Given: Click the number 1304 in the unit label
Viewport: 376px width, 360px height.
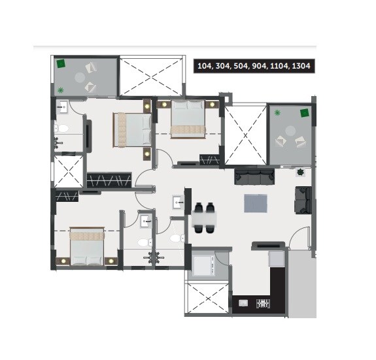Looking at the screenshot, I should [301, 67].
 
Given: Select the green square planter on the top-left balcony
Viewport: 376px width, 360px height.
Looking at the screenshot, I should [60, 63].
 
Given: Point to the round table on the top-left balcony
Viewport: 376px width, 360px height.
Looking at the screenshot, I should [80, 77].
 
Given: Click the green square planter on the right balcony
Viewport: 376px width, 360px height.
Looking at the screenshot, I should [304, 113].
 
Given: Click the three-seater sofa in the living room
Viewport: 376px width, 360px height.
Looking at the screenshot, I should [255, 175].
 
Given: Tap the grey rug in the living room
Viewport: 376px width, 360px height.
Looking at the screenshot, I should [256, 204].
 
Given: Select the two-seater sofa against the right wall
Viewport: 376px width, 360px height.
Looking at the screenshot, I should [303, 201].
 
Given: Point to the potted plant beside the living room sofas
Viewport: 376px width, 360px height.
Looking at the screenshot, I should [300, 172].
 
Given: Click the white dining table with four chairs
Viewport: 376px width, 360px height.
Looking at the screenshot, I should [205, 218].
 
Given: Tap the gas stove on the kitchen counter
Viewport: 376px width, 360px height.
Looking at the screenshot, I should [264, 304].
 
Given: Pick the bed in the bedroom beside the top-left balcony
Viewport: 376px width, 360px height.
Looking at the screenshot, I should [131, 129].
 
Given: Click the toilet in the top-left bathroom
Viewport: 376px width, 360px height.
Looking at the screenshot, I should [58, 128].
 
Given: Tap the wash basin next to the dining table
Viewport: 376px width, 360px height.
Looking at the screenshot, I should [177, 203].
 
